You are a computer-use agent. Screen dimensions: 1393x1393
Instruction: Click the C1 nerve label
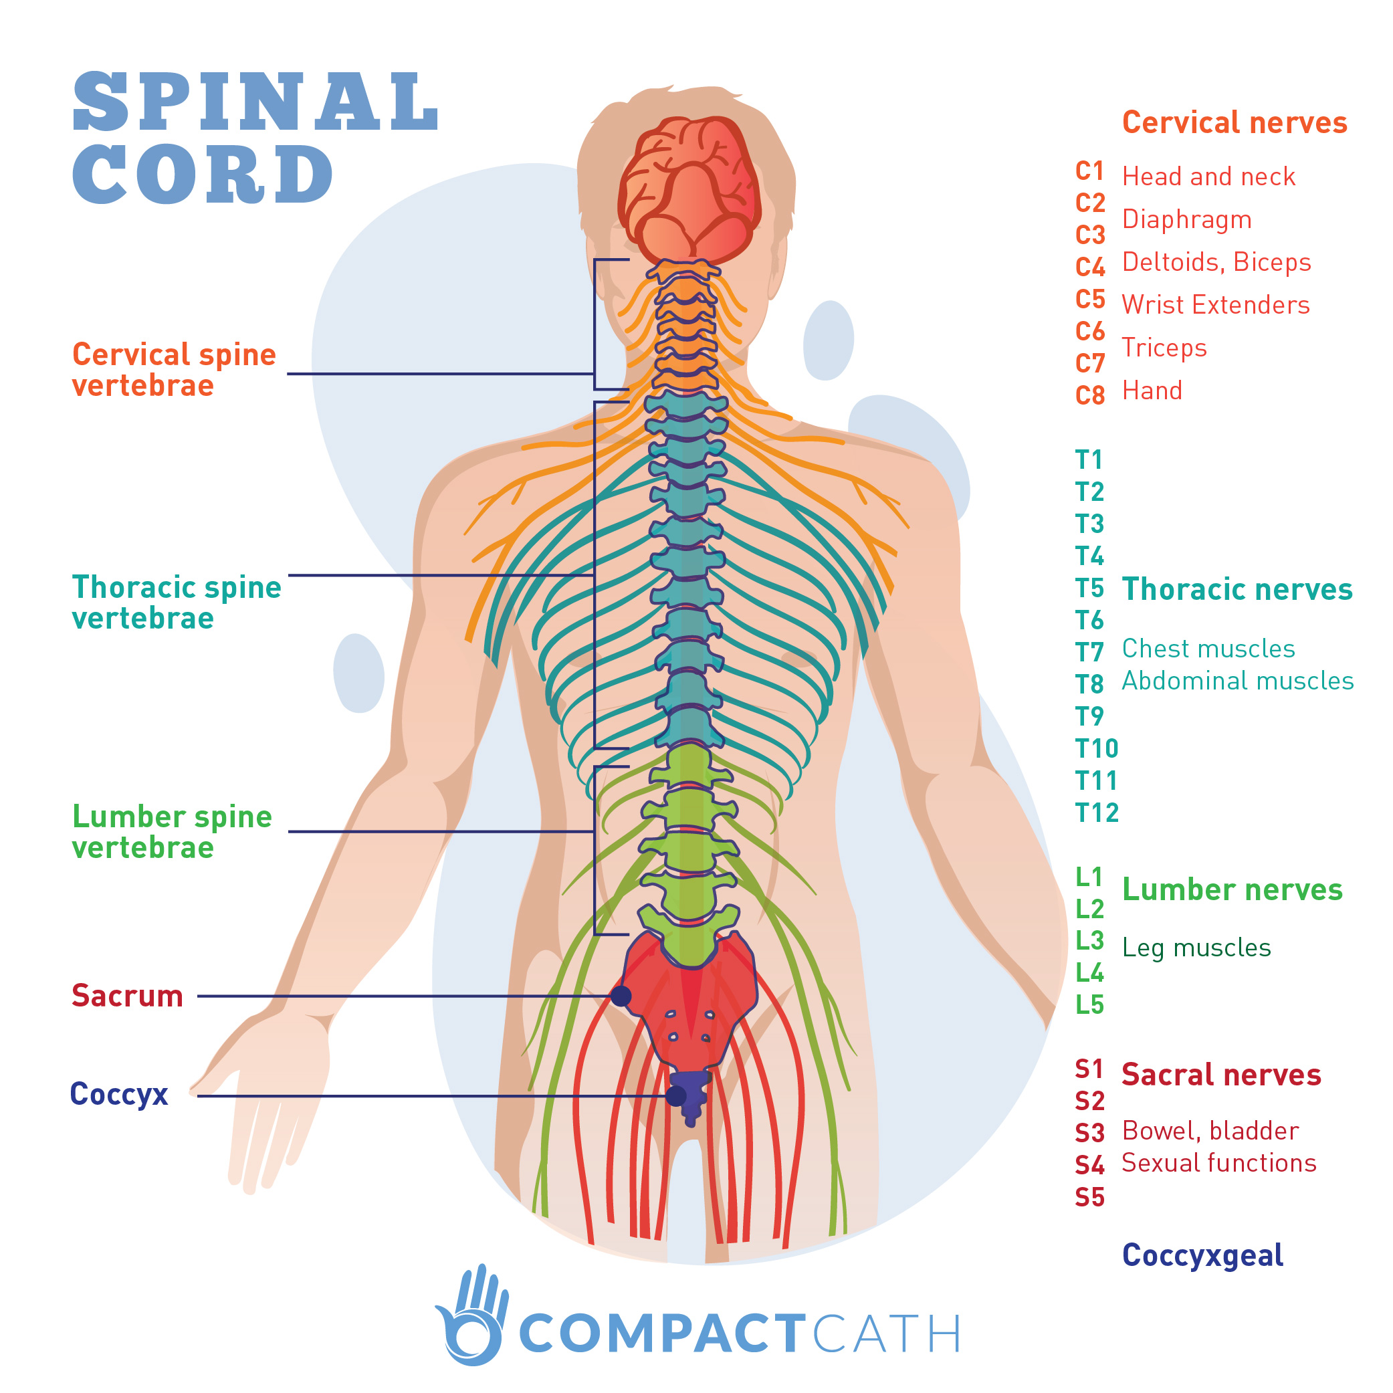(x=1089, y=172)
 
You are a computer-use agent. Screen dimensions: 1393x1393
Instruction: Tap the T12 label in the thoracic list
(x=1096, y=813)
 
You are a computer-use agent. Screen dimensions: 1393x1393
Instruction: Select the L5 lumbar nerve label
(x=1089, y=1004)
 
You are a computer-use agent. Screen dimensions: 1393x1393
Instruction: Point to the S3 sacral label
(x=1089, y=1133)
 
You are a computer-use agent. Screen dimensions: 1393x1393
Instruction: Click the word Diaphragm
(x=1186, y=219)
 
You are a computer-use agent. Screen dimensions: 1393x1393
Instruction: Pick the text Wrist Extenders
(x=1215, y=305)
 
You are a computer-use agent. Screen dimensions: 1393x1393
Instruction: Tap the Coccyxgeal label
(x=1202, y=1255)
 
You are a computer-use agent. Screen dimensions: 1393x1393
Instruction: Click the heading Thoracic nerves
(x=1237, y=589)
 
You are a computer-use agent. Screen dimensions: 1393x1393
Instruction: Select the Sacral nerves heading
(x=1220, y=1074)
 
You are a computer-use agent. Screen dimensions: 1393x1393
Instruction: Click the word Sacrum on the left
(x=127, y=996)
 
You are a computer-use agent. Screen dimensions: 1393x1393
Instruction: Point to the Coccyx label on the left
(x=119, y=1094)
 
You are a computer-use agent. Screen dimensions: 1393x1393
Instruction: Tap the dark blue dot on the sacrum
(x=621, y=996)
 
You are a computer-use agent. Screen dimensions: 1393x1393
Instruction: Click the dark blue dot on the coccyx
(x=675, y=1096)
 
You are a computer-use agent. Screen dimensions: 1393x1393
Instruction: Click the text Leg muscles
(x=1196, y=948)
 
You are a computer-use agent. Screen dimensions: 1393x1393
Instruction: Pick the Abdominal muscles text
(x=1237, y=681)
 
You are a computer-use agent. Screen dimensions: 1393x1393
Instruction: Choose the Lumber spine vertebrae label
(x=172, y=832)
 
